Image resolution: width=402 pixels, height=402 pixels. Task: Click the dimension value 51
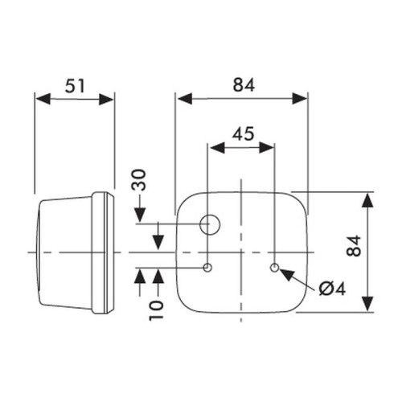click(x=75, y=85)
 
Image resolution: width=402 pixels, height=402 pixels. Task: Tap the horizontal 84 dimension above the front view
click(x=244, y=85)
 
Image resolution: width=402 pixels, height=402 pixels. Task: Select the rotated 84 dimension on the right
click(x=354, y=246)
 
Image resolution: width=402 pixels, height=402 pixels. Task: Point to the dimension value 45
click(x=243, y=133)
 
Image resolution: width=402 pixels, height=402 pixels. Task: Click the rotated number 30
click(x=139, y=180)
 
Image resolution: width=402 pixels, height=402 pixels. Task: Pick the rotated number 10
click(x=156, y=310)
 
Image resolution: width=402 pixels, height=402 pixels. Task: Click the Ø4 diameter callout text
click(x=332, y=289)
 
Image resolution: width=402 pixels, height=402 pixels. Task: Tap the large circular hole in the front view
click(x=210, y=224)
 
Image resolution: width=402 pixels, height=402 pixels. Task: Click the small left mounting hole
click(x=207, y=267)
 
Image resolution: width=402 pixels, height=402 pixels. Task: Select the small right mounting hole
click(x=274, y=267)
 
